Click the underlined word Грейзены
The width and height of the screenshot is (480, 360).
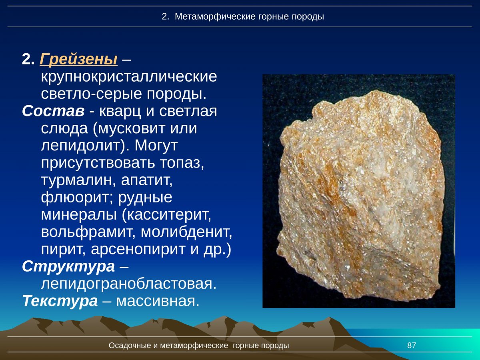click(x=78, y=60)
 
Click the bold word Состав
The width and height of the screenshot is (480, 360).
click(x=53, y=111)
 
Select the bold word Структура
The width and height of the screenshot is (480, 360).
click(x=68, y=266)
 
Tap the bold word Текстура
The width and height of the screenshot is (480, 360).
click(x=60, y=300)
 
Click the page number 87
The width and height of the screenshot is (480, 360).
click(x=412, y=346)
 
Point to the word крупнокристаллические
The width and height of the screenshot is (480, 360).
click(x=129, y=76)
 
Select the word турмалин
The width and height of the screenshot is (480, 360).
click(x=76, y=180)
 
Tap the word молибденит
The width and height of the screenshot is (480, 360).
click(x=186, y=232)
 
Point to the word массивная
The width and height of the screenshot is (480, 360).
click(x=158, y=300)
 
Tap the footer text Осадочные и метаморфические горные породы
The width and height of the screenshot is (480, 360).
click(x=199, y=346)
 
